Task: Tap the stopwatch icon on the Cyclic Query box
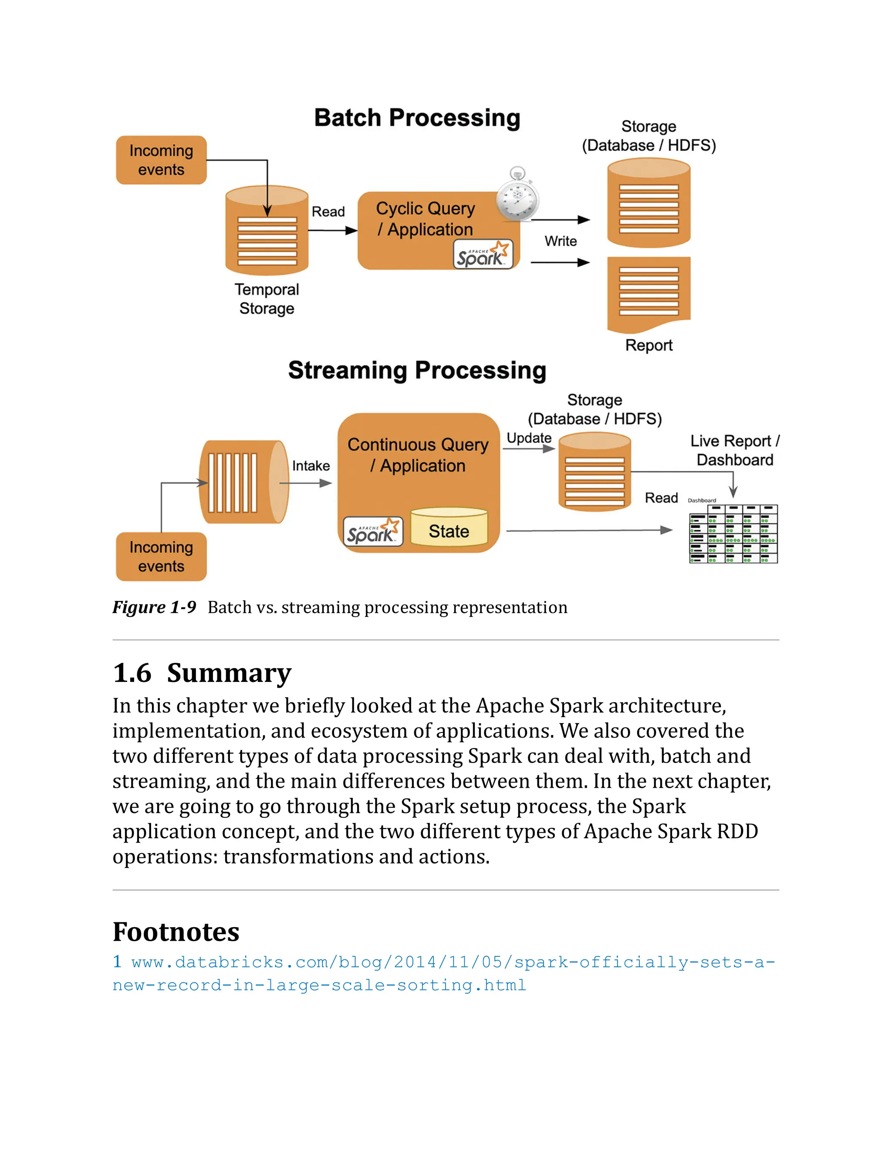[x=517, y=196]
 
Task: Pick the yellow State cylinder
[x=449, y=527]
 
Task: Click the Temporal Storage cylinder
[x=267, y=231]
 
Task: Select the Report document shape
[x=649, y=293]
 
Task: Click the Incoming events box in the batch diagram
[x=161, y=160]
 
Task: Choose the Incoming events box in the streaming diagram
[x=161, y=557]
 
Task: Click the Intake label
[x=311, y=466]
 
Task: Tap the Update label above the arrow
[x=529, y=438]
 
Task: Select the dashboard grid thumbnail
[x=733, y=534]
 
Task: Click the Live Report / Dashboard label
[x=734, y=450]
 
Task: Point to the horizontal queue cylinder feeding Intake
[x=243, y=482]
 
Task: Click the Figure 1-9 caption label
[x=154, y=607]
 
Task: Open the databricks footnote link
[x=444, y=973]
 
